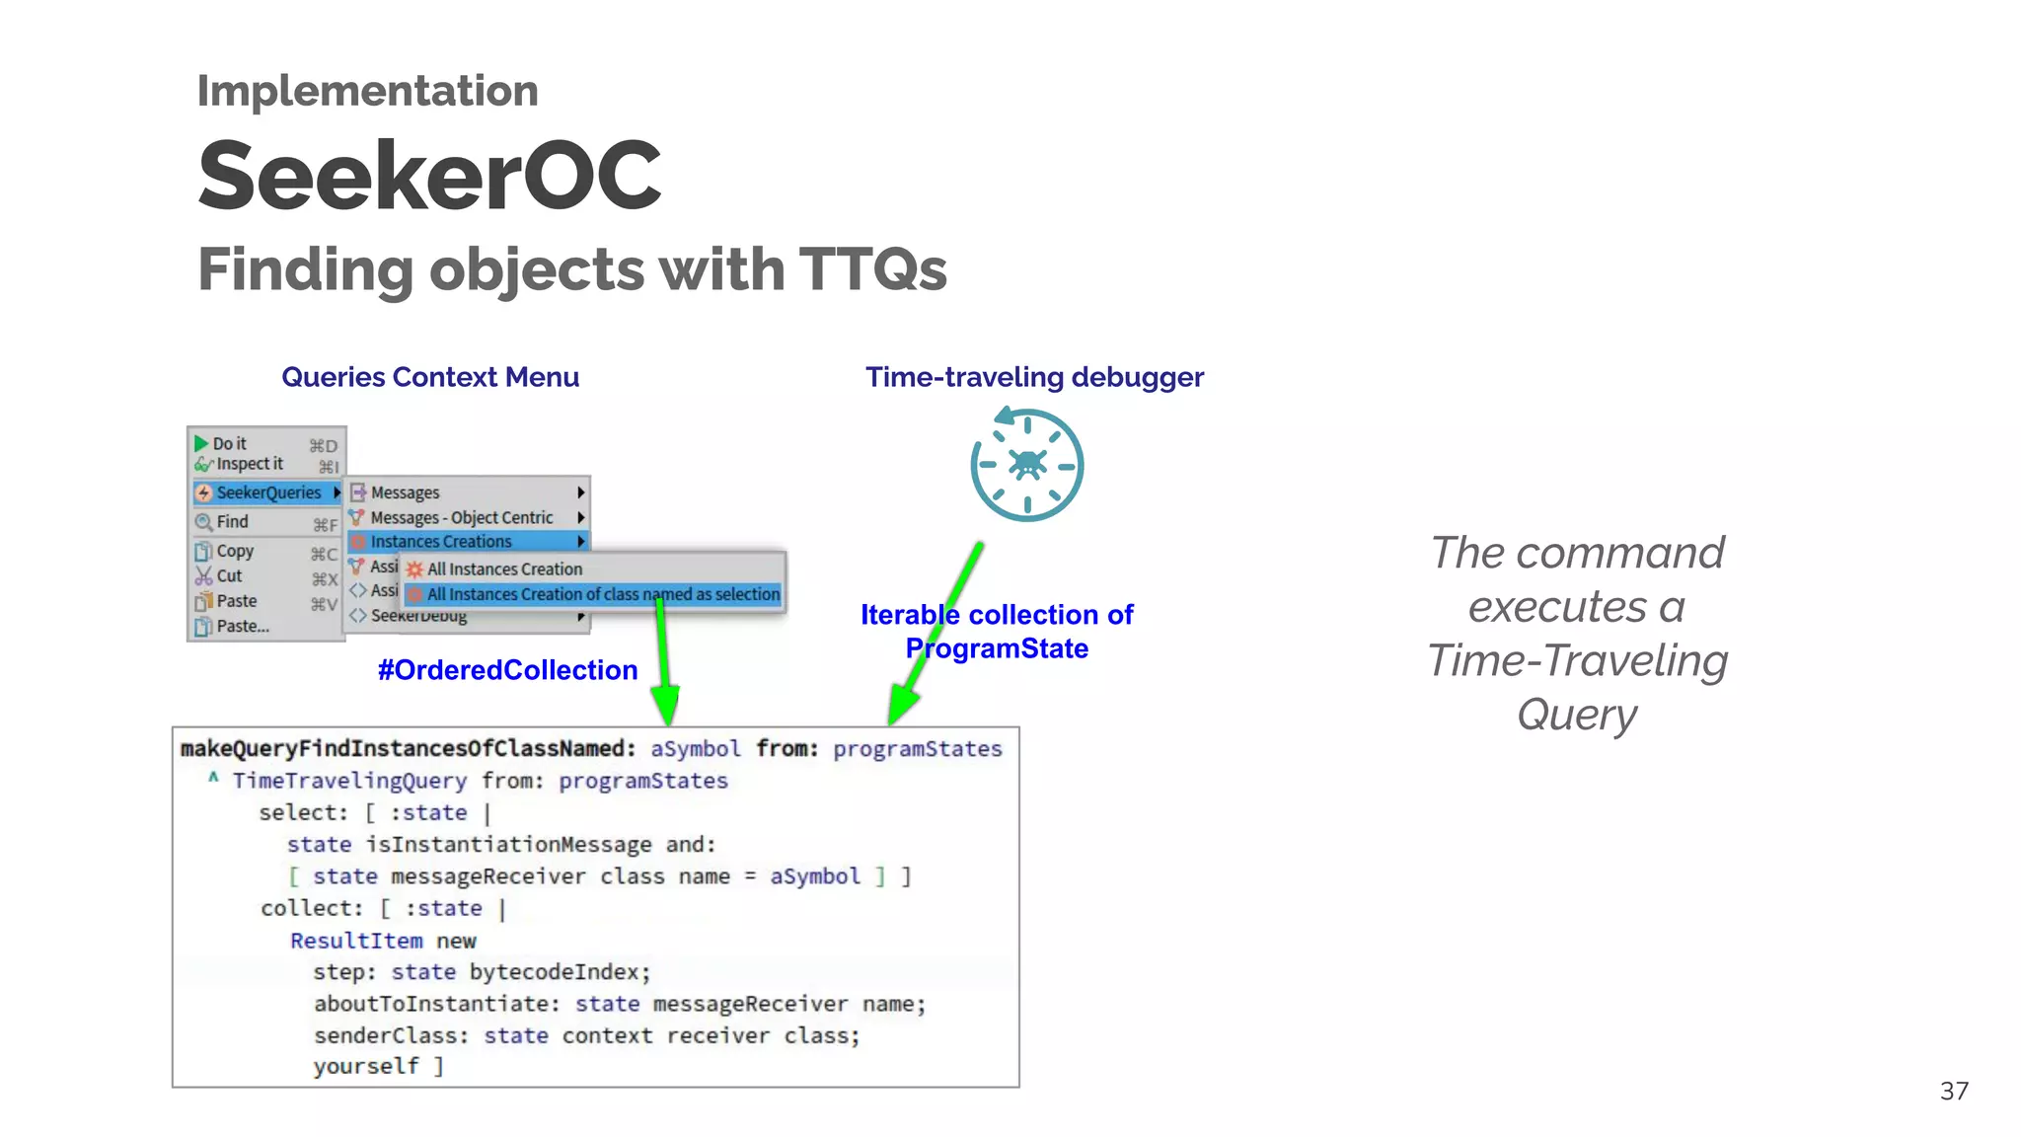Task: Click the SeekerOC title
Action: (x=429, y=176)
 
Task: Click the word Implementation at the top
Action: (x=367, y=91)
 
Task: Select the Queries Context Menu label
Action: (x=429, y=377)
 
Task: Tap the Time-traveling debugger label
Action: (x=1034, y=377)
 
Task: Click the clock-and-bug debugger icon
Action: (x=1026, y=465)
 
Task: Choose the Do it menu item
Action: (x=230, y=444)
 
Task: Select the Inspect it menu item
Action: (x=249, y=464)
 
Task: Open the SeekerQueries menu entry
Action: (x=267, y=493)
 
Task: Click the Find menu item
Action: (x=232, y=522)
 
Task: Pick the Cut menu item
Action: (x=229, y=576)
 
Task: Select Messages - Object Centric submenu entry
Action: (x=461, y=517)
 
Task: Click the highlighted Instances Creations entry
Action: (x=441, y=542)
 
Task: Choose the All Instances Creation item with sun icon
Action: (x=503, y=569)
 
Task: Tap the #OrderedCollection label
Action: (x=507, y=670)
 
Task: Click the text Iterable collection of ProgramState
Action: (x=997, y=632)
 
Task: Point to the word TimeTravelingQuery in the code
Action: (x=349, y=781)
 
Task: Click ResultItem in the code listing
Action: (x=355, y=941)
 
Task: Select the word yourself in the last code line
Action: (x=365, y=1067)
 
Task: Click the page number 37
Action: (x=1953, y=1091)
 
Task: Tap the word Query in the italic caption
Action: (x=1576, y=714)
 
